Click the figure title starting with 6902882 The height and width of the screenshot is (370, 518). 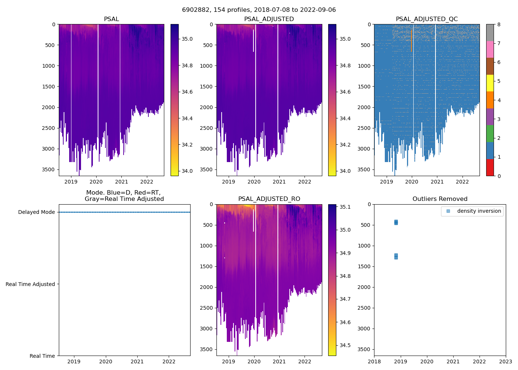259,10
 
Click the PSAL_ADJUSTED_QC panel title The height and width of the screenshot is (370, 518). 427,19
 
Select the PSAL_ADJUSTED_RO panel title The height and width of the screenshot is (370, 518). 269,199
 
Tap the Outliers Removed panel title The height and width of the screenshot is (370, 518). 440,199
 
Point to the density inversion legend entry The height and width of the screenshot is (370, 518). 479,211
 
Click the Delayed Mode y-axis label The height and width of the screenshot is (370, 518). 36,212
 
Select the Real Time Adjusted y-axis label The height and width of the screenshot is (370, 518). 30,284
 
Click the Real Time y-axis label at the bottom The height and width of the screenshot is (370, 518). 42,356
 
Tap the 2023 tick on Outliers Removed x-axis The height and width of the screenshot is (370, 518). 505,361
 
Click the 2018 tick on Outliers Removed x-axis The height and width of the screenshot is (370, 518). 374,361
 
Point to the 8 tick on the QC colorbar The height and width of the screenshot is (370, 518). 499,24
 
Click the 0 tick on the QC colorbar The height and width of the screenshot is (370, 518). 499,176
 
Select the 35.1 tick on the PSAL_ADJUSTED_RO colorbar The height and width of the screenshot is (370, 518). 346,207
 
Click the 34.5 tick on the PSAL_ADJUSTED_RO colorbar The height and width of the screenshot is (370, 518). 346,345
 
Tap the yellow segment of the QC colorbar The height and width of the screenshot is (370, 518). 490,83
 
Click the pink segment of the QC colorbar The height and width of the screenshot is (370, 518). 490,50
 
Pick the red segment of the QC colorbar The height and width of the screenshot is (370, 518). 490,168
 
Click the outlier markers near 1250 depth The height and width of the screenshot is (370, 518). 396,256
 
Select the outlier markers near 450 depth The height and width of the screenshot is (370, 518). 396,222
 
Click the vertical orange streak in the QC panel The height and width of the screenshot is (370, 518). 411,41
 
